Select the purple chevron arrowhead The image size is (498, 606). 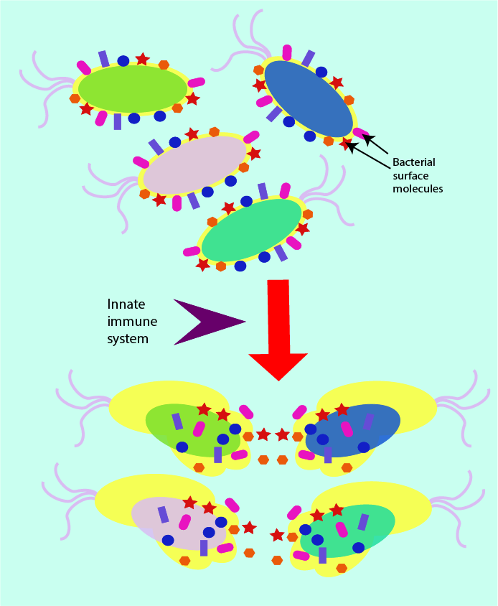(205, 322)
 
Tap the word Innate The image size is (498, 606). (126, 304)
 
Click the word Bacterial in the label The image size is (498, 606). (414, 162)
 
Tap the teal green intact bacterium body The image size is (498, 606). (252, 230)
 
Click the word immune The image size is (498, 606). (132, 321)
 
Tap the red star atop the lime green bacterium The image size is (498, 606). (143, 59)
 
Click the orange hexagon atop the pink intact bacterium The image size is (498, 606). (214, 132)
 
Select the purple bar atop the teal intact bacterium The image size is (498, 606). (263, 191)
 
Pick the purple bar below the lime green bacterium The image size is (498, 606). (118, 121)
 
